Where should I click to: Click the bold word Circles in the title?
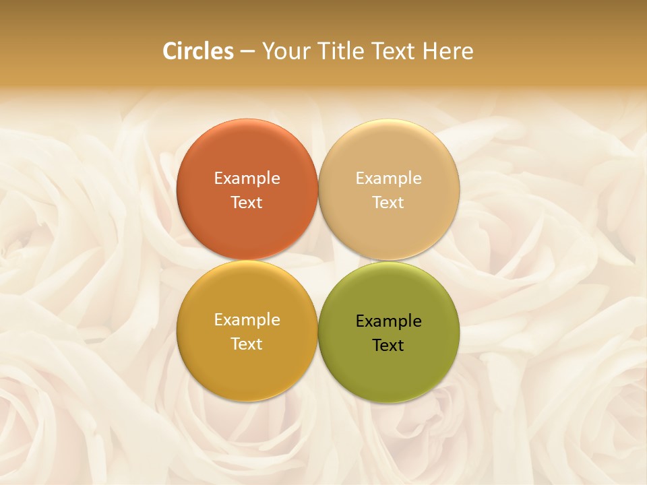(198, 51)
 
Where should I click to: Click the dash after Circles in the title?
(247, 52)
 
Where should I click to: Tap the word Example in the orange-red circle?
(247, 179)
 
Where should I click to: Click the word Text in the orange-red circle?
(247, 202)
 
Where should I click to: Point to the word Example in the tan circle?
(389, 179)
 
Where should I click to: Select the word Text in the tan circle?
(389, 202)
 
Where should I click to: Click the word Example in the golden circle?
(247, 320)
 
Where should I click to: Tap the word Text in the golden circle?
(247, 344)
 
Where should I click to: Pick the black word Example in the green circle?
(389, 321)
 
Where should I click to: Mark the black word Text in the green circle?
(389, 345)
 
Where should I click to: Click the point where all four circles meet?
(318, 261)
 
